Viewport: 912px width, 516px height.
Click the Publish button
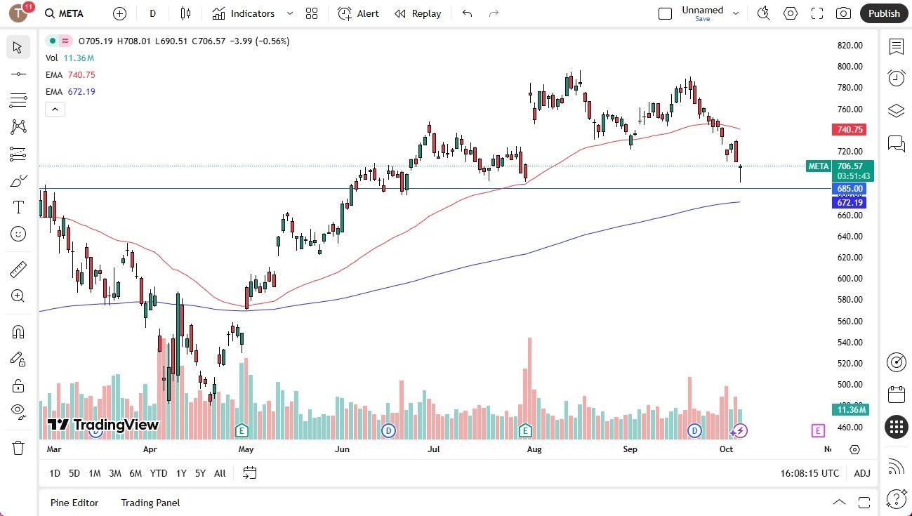point(883,13)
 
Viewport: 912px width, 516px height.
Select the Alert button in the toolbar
point(358,13)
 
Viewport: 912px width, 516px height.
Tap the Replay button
point(418,13)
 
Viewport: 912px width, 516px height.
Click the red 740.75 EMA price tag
point(849,130)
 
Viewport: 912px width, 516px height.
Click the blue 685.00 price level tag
point(849,189)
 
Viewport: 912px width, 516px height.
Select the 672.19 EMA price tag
point(849,202)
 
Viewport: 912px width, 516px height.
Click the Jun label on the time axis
point(341,449)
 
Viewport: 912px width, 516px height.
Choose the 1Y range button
point(181,473)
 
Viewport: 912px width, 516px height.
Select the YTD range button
point(159,473)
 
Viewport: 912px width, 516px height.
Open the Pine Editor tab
point(74,503)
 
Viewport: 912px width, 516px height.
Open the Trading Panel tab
point(150,503)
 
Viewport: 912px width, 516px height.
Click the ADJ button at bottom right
point(862,473)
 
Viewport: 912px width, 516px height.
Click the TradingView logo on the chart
point(103,425)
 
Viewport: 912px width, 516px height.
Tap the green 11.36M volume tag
point(851,409)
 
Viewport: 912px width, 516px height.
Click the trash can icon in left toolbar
point(18,447)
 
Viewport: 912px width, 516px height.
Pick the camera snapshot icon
point(843,13)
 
